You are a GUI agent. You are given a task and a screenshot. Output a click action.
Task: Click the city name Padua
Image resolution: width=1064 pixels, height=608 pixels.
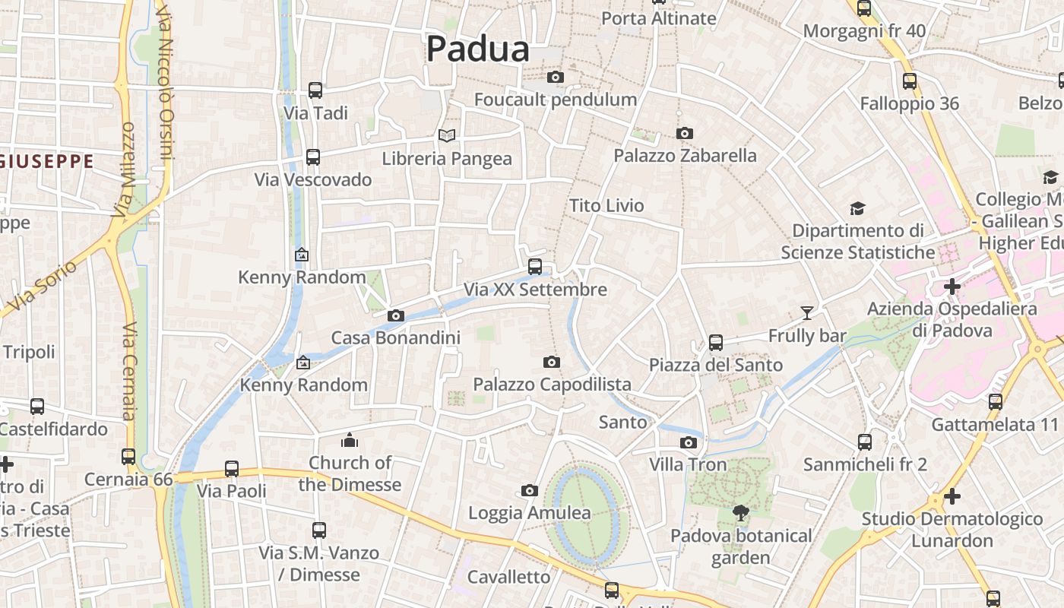pos(477,49)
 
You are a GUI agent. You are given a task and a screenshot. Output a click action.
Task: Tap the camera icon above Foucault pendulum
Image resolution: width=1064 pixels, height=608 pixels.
pos(556,77)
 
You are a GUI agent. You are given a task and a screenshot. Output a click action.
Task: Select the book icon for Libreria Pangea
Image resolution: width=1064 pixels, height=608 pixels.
pos(447,135)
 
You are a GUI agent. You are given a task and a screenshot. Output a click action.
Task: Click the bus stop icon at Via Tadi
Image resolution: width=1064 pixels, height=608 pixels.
pos(315,90)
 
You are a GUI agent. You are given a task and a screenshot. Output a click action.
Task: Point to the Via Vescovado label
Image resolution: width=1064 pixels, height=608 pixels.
pos(313,180)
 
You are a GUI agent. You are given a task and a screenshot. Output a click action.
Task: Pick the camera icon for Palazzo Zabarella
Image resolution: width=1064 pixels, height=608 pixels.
pos(684,134)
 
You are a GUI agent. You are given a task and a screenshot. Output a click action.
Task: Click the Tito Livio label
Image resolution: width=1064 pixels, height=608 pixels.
pos(606,206)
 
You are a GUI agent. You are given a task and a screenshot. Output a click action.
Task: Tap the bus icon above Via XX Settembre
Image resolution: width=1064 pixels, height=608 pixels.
pos(535,266)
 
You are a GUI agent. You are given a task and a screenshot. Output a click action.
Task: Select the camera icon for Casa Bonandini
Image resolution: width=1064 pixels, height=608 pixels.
pos(395,315)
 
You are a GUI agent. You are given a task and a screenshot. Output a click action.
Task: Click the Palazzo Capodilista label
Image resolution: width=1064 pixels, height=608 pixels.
pos(552,385)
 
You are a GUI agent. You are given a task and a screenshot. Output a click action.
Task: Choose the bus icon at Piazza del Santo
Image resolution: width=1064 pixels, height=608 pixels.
pos(715,342)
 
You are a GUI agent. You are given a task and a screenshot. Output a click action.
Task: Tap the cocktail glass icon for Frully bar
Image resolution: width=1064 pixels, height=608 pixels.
pos(806,312)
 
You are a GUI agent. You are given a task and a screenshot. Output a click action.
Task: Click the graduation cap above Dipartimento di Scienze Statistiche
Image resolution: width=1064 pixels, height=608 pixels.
pos(857,208)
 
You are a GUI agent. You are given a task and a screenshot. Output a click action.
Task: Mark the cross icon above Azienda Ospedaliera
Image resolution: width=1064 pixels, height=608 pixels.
pos(952,287)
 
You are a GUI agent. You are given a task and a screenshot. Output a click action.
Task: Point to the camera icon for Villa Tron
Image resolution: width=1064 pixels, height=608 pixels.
pos(688,442)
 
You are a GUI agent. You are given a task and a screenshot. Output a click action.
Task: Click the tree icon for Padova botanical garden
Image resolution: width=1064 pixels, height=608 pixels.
pos(740,513)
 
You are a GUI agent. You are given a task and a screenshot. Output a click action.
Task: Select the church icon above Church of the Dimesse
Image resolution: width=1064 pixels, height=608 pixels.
pos(350,440)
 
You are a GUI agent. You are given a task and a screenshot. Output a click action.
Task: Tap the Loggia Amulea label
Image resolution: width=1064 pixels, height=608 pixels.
pos(529,513)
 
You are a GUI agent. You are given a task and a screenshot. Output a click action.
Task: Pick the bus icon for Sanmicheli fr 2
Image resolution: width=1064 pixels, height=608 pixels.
pos(864,442)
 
